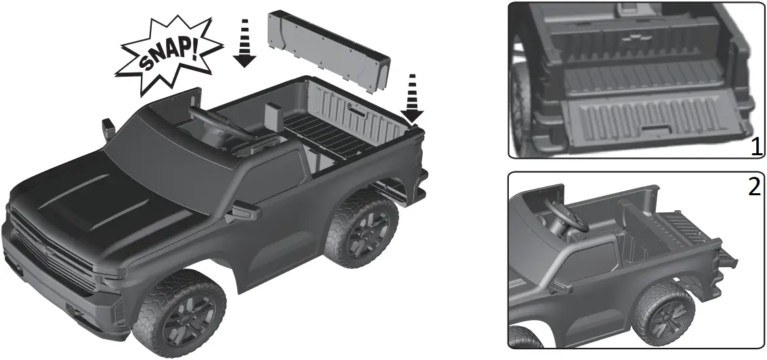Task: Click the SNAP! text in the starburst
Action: tap(169, 54)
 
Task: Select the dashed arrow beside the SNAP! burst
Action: tap(245, 43)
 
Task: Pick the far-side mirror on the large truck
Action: tap(108, 128)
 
